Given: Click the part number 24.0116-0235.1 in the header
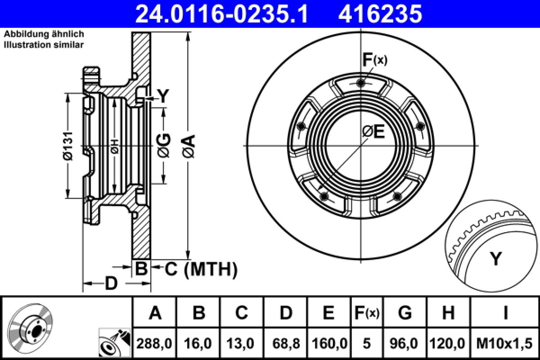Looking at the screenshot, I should tap(221, 13).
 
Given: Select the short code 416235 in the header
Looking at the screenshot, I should tap(380, 13).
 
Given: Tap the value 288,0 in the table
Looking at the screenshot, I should tap(154, 344).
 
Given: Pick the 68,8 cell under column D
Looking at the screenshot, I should tap(286, 344).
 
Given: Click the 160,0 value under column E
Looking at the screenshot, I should tap(329, 344).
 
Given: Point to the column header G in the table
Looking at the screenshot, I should tap(405, 312).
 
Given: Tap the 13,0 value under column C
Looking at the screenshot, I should tap(242, 344).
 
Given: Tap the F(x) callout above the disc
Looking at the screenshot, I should tap(374, 60).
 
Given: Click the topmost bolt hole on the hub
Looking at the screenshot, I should tap(360, 83).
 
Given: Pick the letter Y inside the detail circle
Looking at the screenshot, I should tap(495, 259).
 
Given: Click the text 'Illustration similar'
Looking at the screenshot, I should tap(44, 44).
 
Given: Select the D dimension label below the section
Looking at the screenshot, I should tap(111, 283).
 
